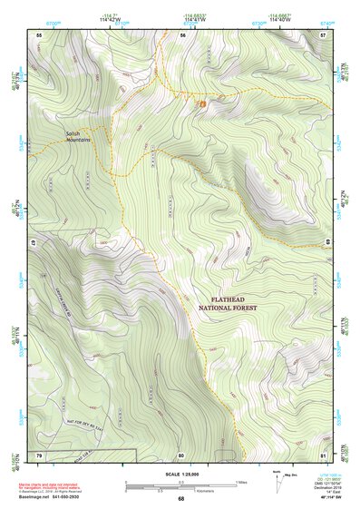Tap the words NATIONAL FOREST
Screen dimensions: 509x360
point(228,308)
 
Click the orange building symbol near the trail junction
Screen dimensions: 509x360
point(201,104)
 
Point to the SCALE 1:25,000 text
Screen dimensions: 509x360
point(180,474)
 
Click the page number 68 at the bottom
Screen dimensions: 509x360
point(180,498)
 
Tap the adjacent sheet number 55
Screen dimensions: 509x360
point(39,34)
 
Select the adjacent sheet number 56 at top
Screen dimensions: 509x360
point(182,34)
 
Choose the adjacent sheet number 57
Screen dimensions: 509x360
point(323,34)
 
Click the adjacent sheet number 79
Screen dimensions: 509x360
point(39,454)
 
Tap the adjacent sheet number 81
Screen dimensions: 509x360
point(323,454)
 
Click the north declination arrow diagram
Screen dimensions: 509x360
point(277,478)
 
